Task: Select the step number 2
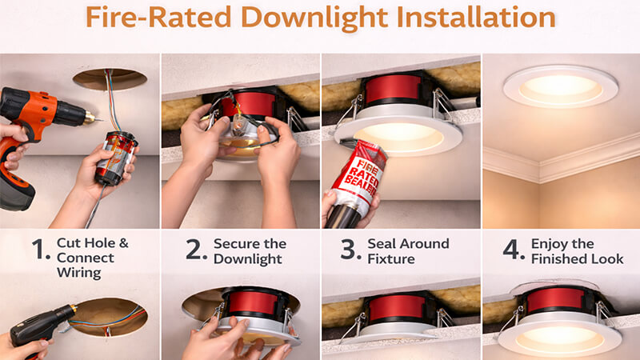(196, 250)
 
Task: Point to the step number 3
(349, 250)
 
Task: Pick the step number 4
(513, 250)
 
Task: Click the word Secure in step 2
(234, 242)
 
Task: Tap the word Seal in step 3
(382, 242)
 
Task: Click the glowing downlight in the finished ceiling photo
(560, 86)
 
